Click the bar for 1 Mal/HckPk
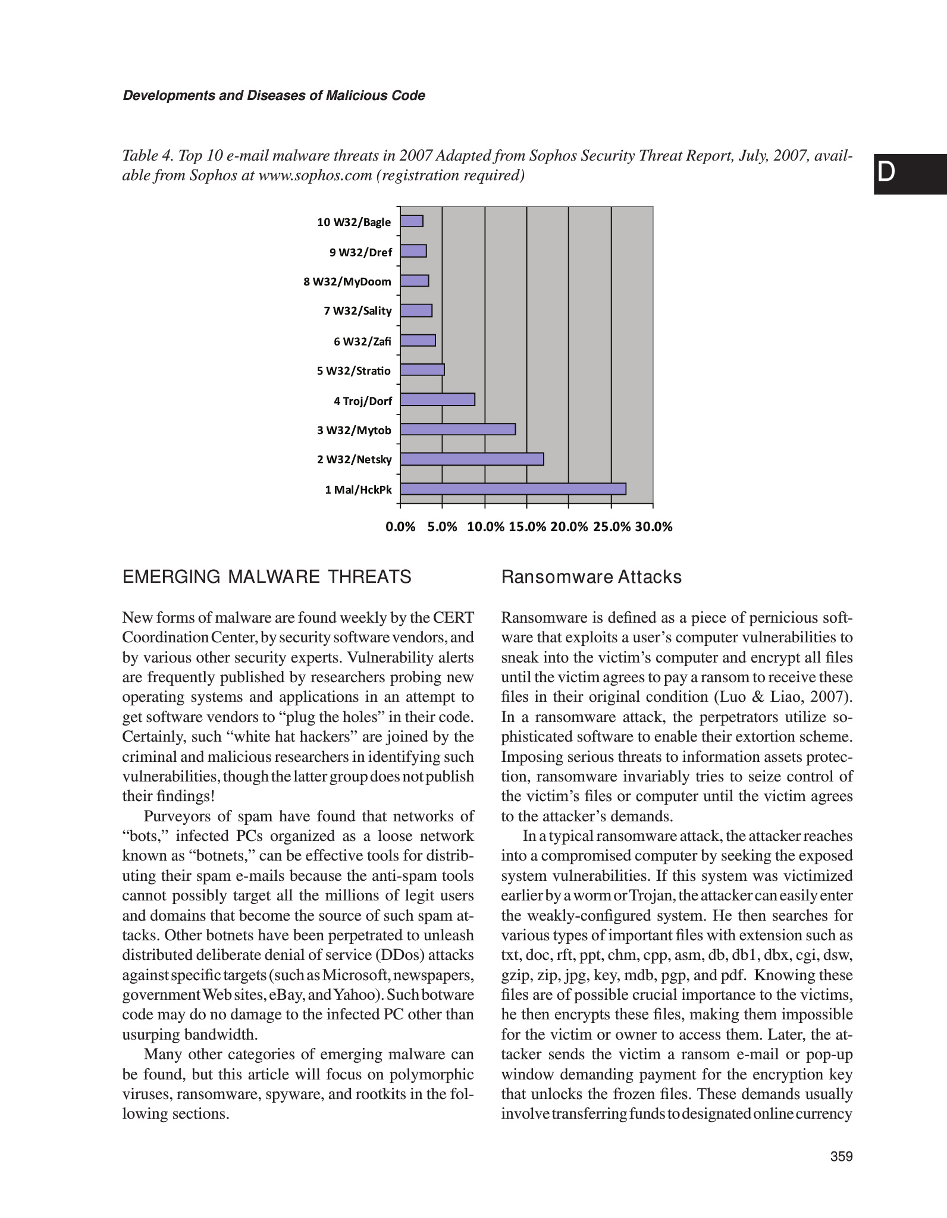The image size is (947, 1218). coord(513,489)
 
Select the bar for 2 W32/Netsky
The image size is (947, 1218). coord(472,459)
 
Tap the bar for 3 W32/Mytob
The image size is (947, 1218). coord(457,429)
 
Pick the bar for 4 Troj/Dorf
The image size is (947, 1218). coord(437,400)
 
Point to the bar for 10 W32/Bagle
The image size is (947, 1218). coord(412,221)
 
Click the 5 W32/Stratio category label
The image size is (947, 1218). coord(354,371)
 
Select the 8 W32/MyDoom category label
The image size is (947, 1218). coord(347,282)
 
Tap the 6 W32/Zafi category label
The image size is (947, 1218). coord(362,341)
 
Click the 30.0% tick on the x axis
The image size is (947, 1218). coord(653,527)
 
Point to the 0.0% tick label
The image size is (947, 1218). coord(400,527)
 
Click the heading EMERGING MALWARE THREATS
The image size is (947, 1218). coord(266,577)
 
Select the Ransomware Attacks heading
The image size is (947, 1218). coord(591,577)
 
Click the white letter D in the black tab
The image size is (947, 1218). coord(886,172)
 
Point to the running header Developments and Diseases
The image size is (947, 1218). coord(274,96)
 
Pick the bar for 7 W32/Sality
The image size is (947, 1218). coord(416,310)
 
